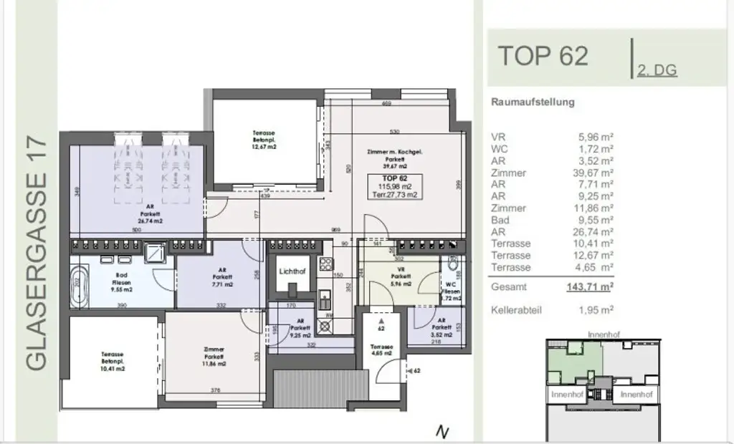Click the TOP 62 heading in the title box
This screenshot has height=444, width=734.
[x=543, y=55]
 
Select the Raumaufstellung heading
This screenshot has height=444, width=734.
[x=533, y=102]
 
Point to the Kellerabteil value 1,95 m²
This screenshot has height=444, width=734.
[x=596, y=310]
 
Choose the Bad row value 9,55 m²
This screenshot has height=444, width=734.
[x=596, y=220]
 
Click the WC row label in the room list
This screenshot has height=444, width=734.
[x=500, y=149]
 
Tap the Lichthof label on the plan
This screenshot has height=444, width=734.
[x=292, y=271]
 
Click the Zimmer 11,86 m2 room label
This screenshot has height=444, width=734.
[x=214, y=357]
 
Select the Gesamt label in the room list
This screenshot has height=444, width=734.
[x=508, y=286]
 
